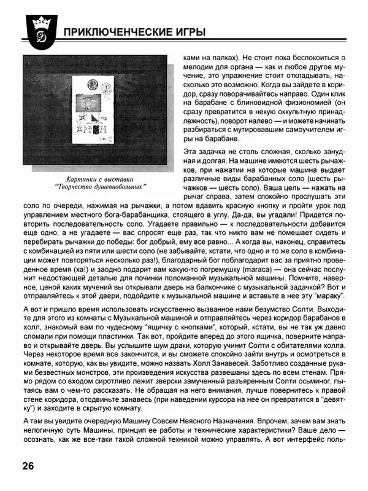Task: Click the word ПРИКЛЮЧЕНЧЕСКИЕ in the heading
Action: pos(120,32)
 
